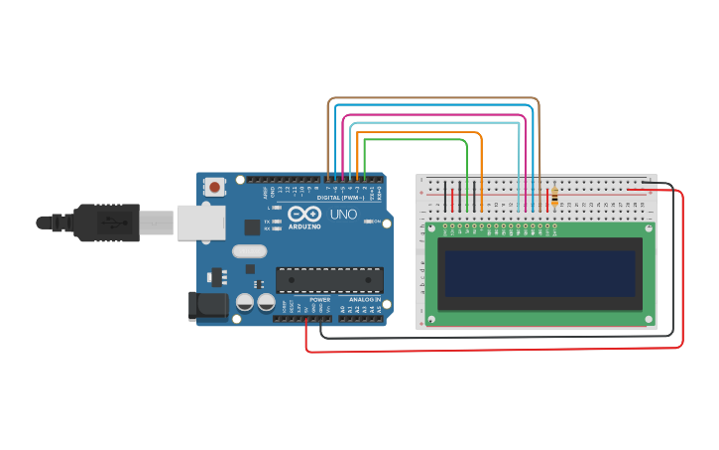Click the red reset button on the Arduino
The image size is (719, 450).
215,187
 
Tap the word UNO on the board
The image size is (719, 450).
343,215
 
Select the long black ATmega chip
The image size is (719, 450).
329,280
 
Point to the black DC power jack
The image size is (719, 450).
207,306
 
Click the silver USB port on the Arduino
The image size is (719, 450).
201,223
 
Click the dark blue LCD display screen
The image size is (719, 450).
540,274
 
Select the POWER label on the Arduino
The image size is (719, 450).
319,299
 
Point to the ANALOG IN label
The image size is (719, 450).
364,299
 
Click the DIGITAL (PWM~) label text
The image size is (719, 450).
336,198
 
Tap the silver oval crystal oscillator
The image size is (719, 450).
250,251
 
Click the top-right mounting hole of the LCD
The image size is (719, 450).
648,228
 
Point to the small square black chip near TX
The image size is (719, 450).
252,226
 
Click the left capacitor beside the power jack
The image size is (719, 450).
243,302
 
